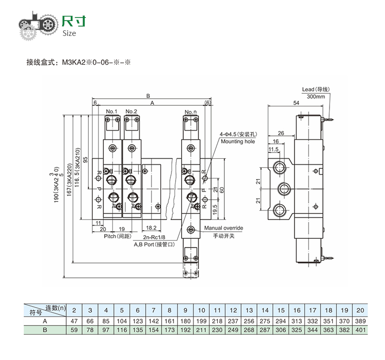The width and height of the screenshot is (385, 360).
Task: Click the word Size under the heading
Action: click(x=69, y=33)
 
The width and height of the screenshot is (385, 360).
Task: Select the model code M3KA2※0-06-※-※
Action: click(x=97, y=64)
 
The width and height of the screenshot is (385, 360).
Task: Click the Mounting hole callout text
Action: click(x=238, y=141)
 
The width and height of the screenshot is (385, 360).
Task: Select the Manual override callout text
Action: click(x=223, y=228)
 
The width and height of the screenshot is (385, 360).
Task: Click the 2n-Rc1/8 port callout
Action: click(x=155, y=237)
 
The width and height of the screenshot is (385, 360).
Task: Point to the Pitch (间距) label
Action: click(x=117, y=236)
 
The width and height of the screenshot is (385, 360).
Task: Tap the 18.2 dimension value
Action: click(x=151, y=227)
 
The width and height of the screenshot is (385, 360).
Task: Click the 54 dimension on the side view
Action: click(x=296, y=103)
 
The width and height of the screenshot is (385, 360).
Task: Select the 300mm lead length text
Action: click(x=316, y=97)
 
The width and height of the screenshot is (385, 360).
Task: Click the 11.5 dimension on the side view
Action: click(x=274, y=149)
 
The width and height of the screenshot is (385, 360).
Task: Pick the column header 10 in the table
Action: click(x=201, y=310)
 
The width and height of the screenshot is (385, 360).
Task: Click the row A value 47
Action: click(x=74, y=320)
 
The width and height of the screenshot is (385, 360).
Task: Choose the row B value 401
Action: click(x=360, y=330)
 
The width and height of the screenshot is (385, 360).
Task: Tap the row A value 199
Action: click(x=201, y=320)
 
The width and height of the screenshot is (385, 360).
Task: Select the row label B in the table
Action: click(x=45, y=330)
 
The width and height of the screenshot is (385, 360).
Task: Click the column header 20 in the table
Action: click(x=360, y=310)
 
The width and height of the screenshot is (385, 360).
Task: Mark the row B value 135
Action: click(x=138, y=330)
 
